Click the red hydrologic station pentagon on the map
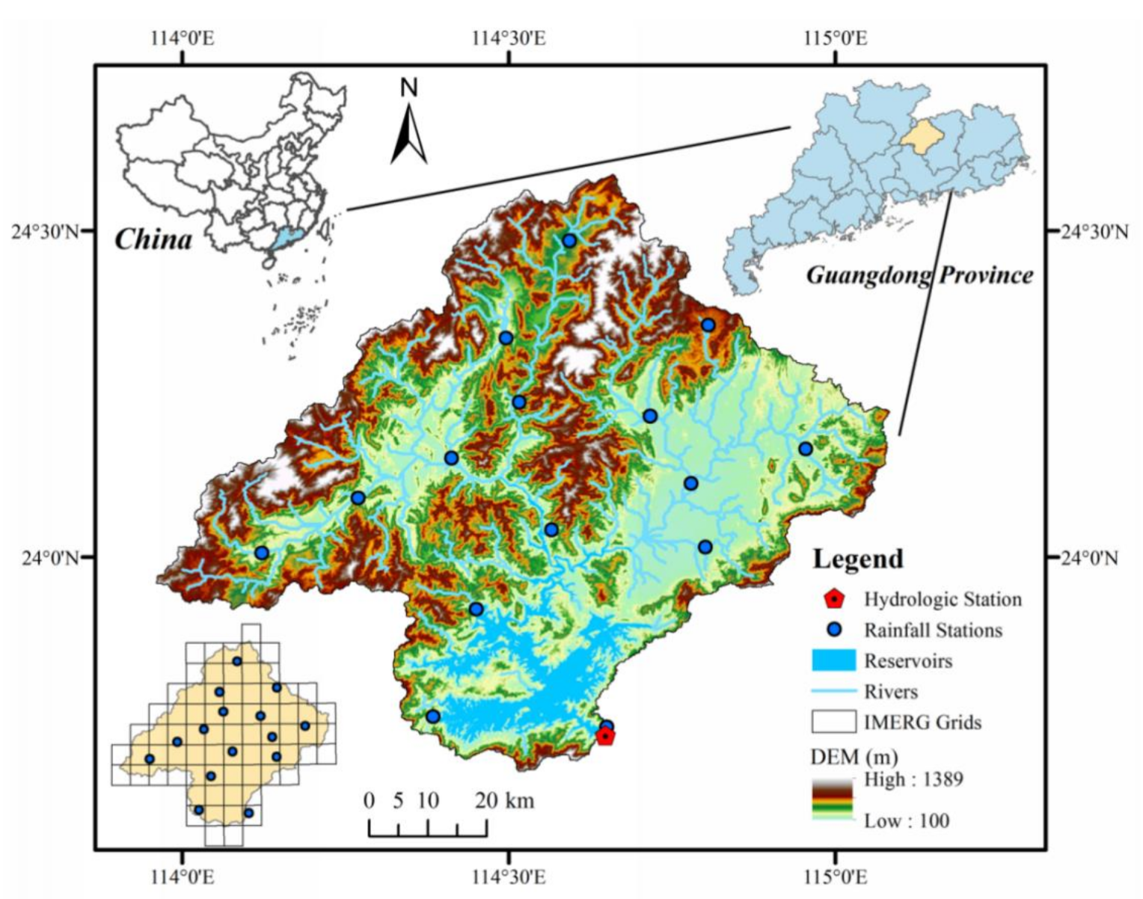(605, 737)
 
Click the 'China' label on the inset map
(153, 239)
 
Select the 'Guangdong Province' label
(919, 275)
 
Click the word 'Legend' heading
(857, 559)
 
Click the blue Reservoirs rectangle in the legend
(833, 660)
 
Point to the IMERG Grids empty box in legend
(833, 722)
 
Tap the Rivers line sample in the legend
(833, 691)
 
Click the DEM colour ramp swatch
(833, 798)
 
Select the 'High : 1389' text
(913, 779)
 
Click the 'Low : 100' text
(907, 820)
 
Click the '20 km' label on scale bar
(504, 801)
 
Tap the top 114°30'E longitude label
(509, 37)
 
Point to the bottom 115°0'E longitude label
(835, 876)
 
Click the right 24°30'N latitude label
(1094, 231)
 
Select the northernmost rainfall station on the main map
(569, 240)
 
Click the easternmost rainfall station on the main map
(805, 449)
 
